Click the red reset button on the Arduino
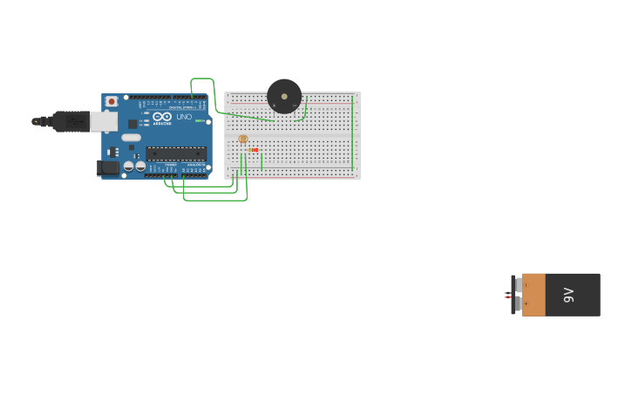pyautogui.click(x=111, y=101)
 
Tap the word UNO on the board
pyautogui.click(x=184, y=117)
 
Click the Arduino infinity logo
pyautogui.click(x=162, y=116)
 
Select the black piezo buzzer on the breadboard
pyautogui.click(x=284, y=96)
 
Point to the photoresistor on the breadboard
pyautogui.click(x=243, y=139)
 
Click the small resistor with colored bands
pyautogui.click(x=254, y=150)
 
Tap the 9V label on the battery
pyautogui.click(x=569, y=295)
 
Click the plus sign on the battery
pyautogui.click(x=526, y=303)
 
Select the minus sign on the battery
pyautogui.click(x=526, y=285)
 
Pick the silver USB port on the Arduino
pyautogui.click(x=104, y=121)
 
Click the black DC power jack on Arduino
pyautogui.click(x=108, y=167)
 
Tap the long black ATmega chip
pyautogui.click(x=176, y=153)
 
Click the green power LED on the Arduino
pyautogui.click(x=199, y=120)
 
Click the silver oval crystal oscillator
pyautogui.click(x=131, y=137)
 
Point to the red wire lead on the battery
pyautogui.click(x=507, y=297)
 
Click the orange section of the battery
pyautogui.click(x=534, y=295)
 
